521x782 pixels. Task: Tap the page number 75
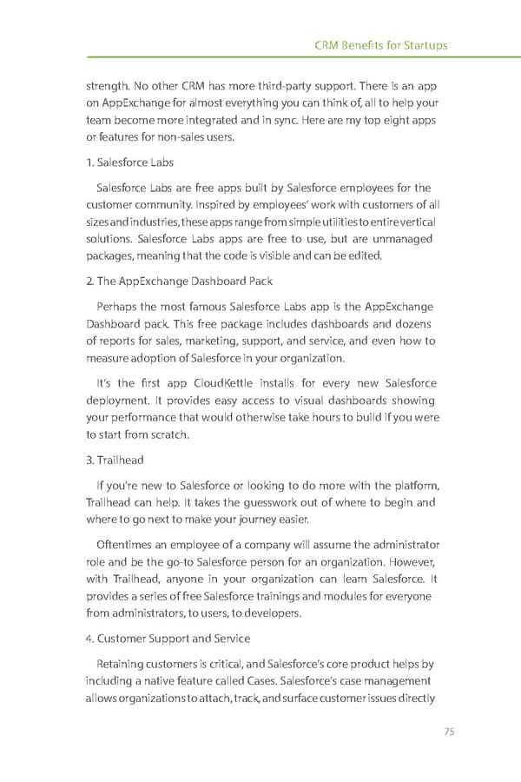[449, 731]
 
